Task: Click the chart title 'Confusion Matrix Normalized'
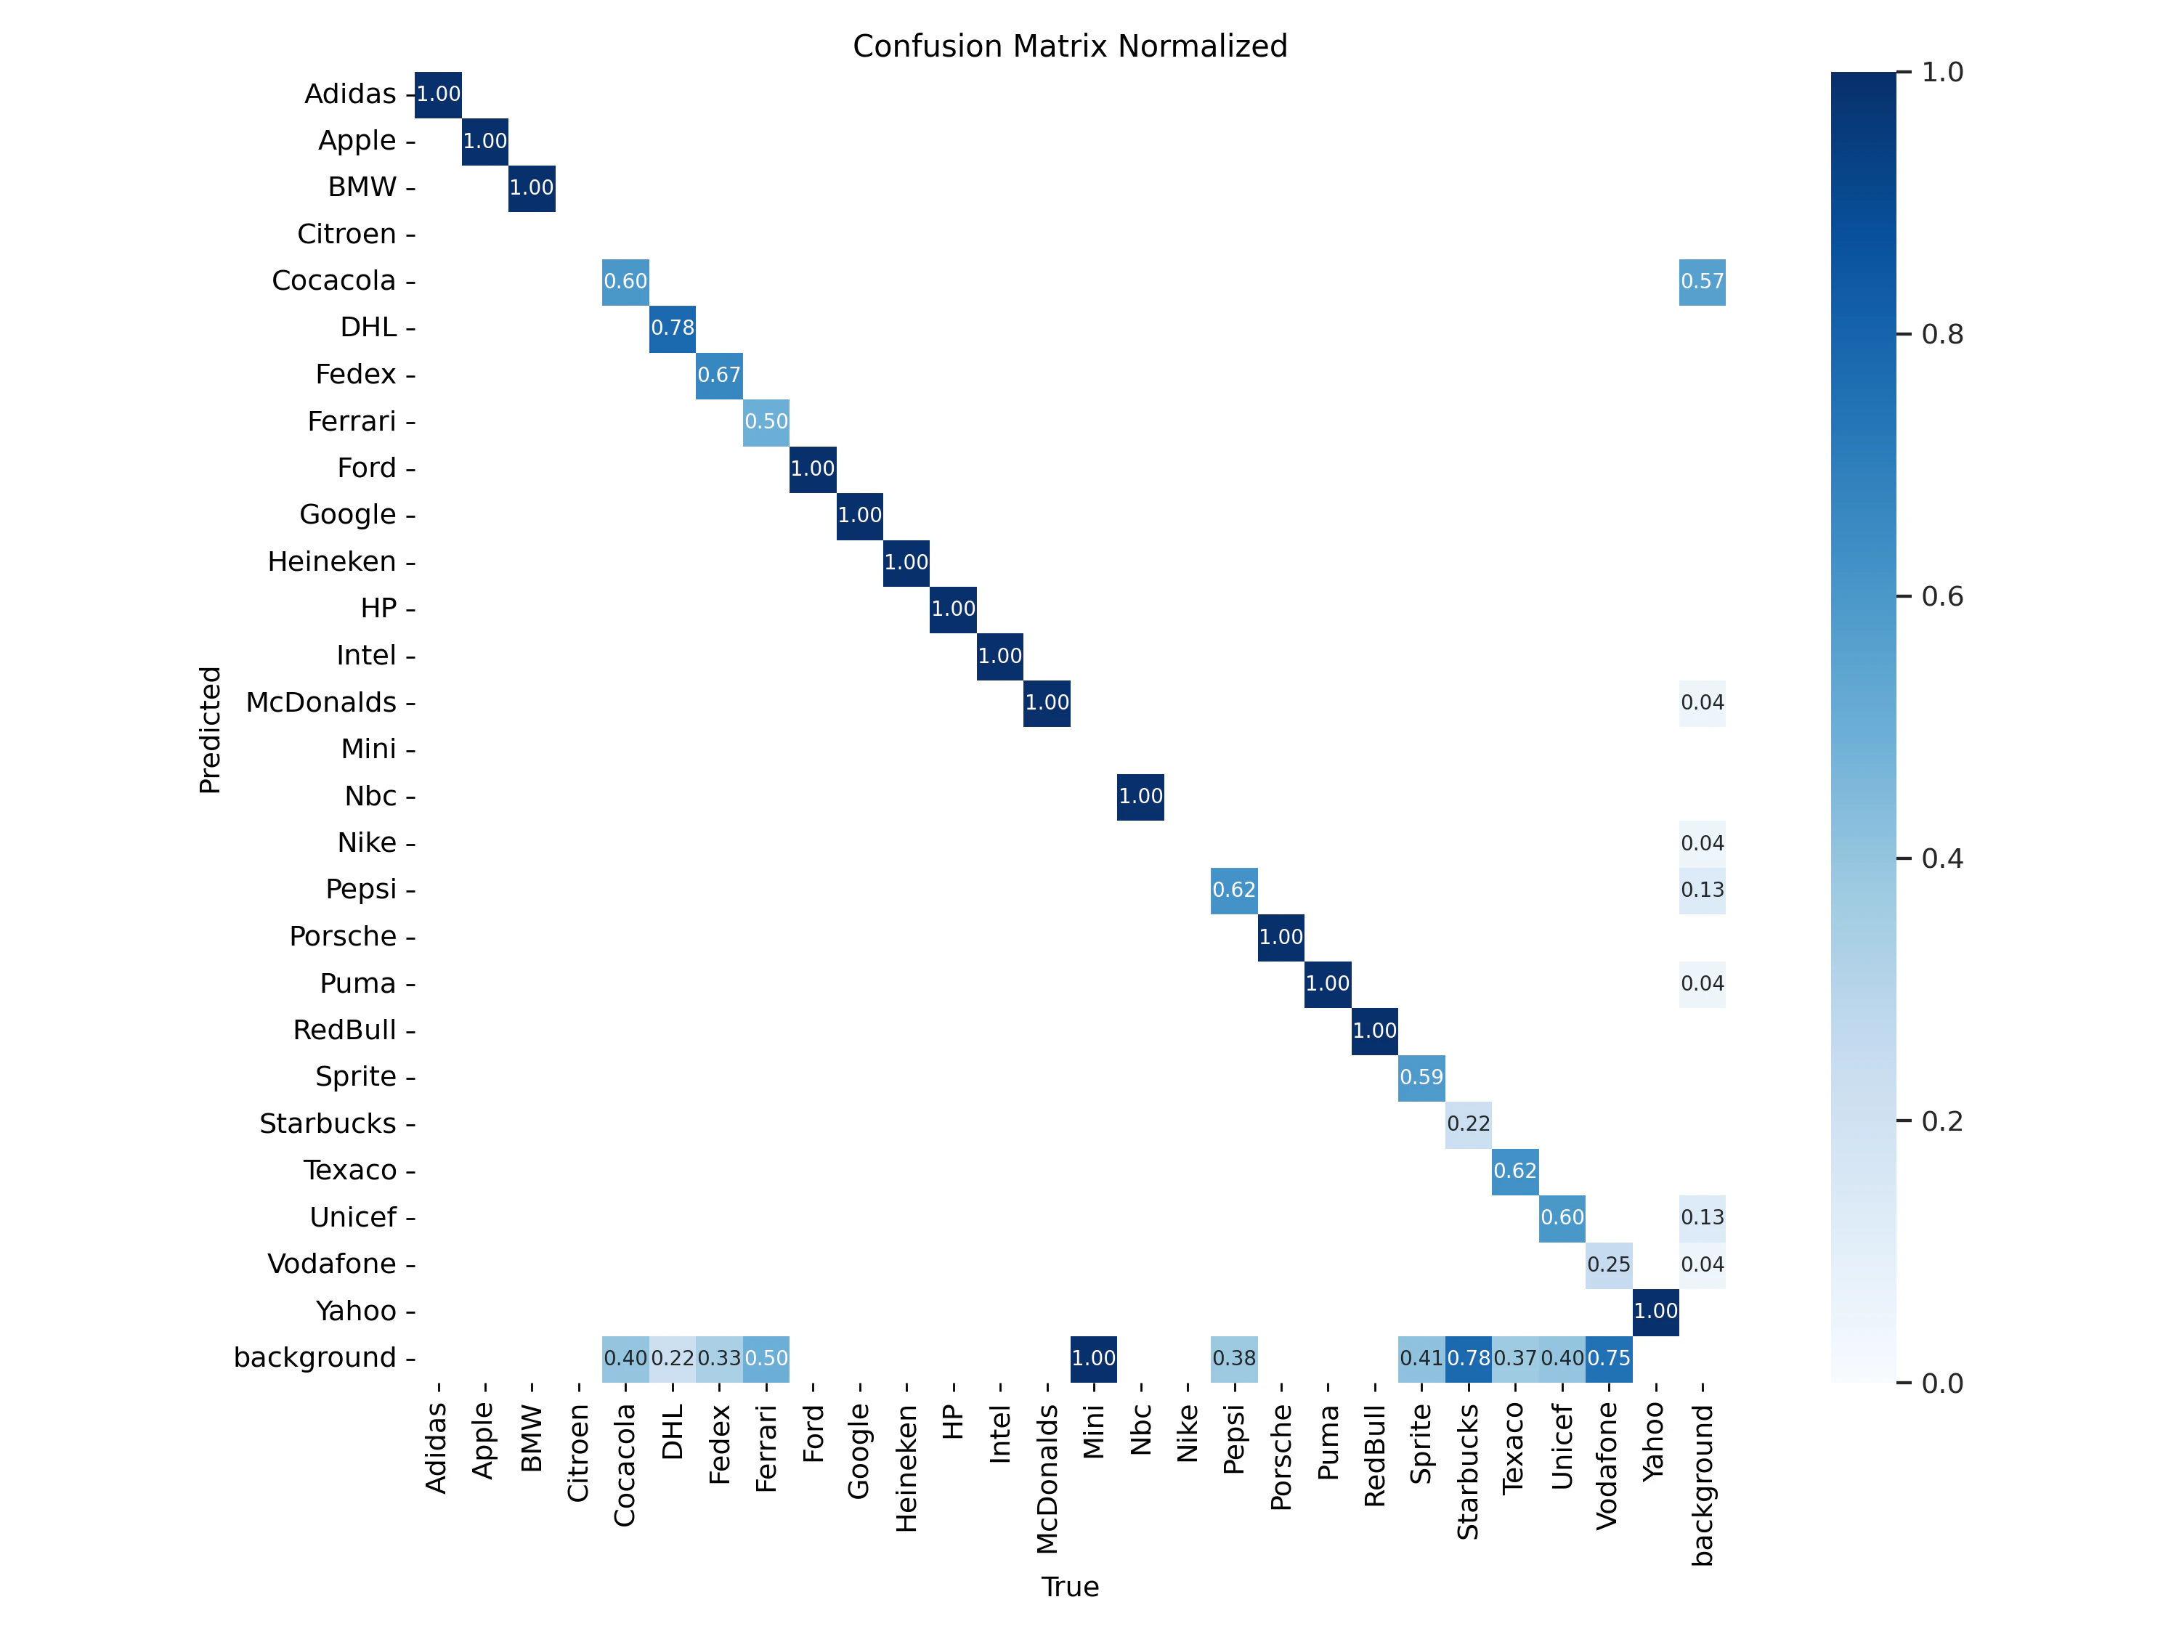pos(1070,46)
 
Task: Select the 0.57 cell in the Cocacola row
pos(1703,282)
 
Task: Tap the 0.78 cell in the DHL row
pos(673,328)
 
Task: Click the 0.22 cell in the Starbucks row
pos(1468,1123)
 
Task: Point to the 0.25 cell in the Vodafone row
pos(1609,1264)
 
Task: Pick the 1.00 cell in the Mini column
pos(1093,1358)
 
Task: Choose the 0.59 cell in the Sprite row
pos(1421,1078)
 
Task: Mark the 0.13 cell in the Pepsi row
pos(1703,890)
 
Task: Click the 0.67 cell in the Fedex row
pos(719,375)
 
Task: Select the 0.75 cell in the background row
pos(1609,1358)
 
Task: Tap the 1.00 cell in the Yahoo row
pos(1656,1311)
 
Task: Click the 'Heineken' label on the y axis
pos(332,561)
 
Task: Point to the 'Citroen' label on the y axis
pos(346,235)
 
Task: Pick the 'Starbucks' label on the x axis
pos(1468,1471)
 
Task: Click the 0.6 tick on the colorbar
pos(1941,597)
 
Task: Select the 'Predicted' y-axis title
pos(210,730)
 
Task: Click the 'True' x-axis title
pos(1070,1587)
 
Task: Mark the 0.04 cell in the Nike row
pos(1703,843)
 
